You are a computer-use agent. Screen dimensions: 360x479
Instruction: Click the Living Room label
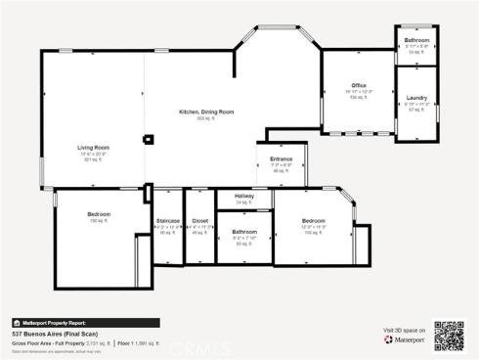tap(93, 148)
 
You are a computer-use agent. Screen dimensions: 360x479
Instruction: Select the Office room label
tap(359, 86)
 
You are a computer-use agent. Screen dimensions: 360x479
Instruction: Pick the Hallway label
tap(244, 198)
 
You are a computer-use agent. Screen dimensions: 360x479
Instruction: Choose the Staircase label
tap(167, 221)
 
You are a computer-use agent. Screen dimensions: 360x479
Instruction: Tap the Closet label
tap(199, 221)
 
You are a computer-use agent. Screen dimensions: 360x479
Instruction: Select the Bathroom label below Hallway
tap(243, 232)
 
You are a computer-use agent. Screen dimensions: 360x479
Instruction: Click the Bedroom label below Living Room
tap(99, 213)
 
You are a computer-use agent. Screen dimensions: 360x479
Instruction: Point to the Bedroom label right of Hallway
tap(313, 221)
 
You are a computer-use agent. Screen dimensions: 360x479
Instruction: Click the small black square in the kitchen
tap(148, 139)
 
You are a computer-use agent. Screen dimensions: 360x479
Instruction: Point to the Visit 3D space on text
tap(404, 332)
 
